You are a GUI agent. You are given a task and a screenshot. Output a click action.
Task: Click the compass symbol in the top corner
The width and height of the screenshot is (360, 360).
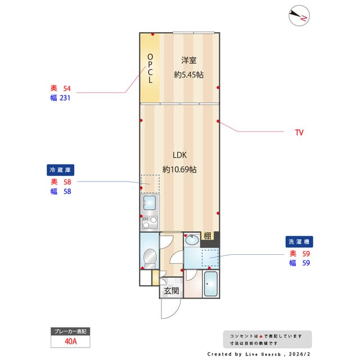pos(299,16)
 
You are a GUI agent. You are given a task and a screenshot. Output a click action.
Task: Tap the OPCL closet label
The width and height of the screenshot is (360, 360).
pos(150,68)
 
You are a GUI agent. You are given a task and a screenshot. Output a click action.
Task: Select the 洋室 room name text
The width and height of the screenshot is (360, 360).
pos(188,60)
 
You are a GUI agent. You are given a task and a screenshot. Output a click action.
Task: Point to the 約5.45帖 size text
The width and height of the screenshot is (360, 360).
pos(188,74)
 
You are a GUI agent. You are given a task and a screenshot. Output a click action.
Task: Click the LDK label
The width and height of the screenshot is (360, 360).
pos(179,155)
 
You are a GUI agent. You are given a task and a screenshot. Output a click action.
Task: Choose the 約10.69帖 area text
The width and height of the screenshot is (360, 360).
pos(179,169)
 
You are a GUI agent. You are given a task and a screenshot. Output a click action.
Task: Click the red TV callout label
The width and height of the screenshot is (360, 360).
pos(299,133)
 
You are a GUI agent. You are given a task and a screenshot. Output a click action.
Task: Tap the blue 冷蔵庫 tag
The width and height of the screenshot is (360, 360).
pos(61,169)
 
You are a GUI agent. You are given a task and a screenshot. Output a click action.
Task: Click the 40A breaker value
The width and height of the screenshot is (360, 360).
pos(70,341)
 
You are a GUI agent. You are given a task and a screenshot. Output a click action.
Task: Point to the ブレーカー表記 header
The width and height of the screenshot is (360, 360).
pos(70,331)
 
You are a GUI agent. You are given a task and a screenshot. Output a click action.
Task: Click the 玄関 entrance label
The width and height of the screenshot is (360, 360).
pos(172,291)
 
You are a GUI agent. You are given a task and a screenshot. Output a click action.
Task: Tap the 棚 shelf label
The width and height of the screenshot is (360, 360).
pos(208,236)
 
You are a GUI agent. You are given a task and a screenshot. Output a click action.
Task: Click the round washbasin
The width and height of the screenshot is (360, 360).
pos(191,240)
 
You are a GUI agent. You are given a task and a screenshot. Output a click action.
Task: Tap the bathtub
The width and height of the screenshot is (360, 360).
pos(211,284)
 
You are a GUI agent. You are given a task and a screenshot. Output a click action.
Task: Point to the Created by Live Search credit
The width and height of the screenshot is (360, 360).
pos(258,354)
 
